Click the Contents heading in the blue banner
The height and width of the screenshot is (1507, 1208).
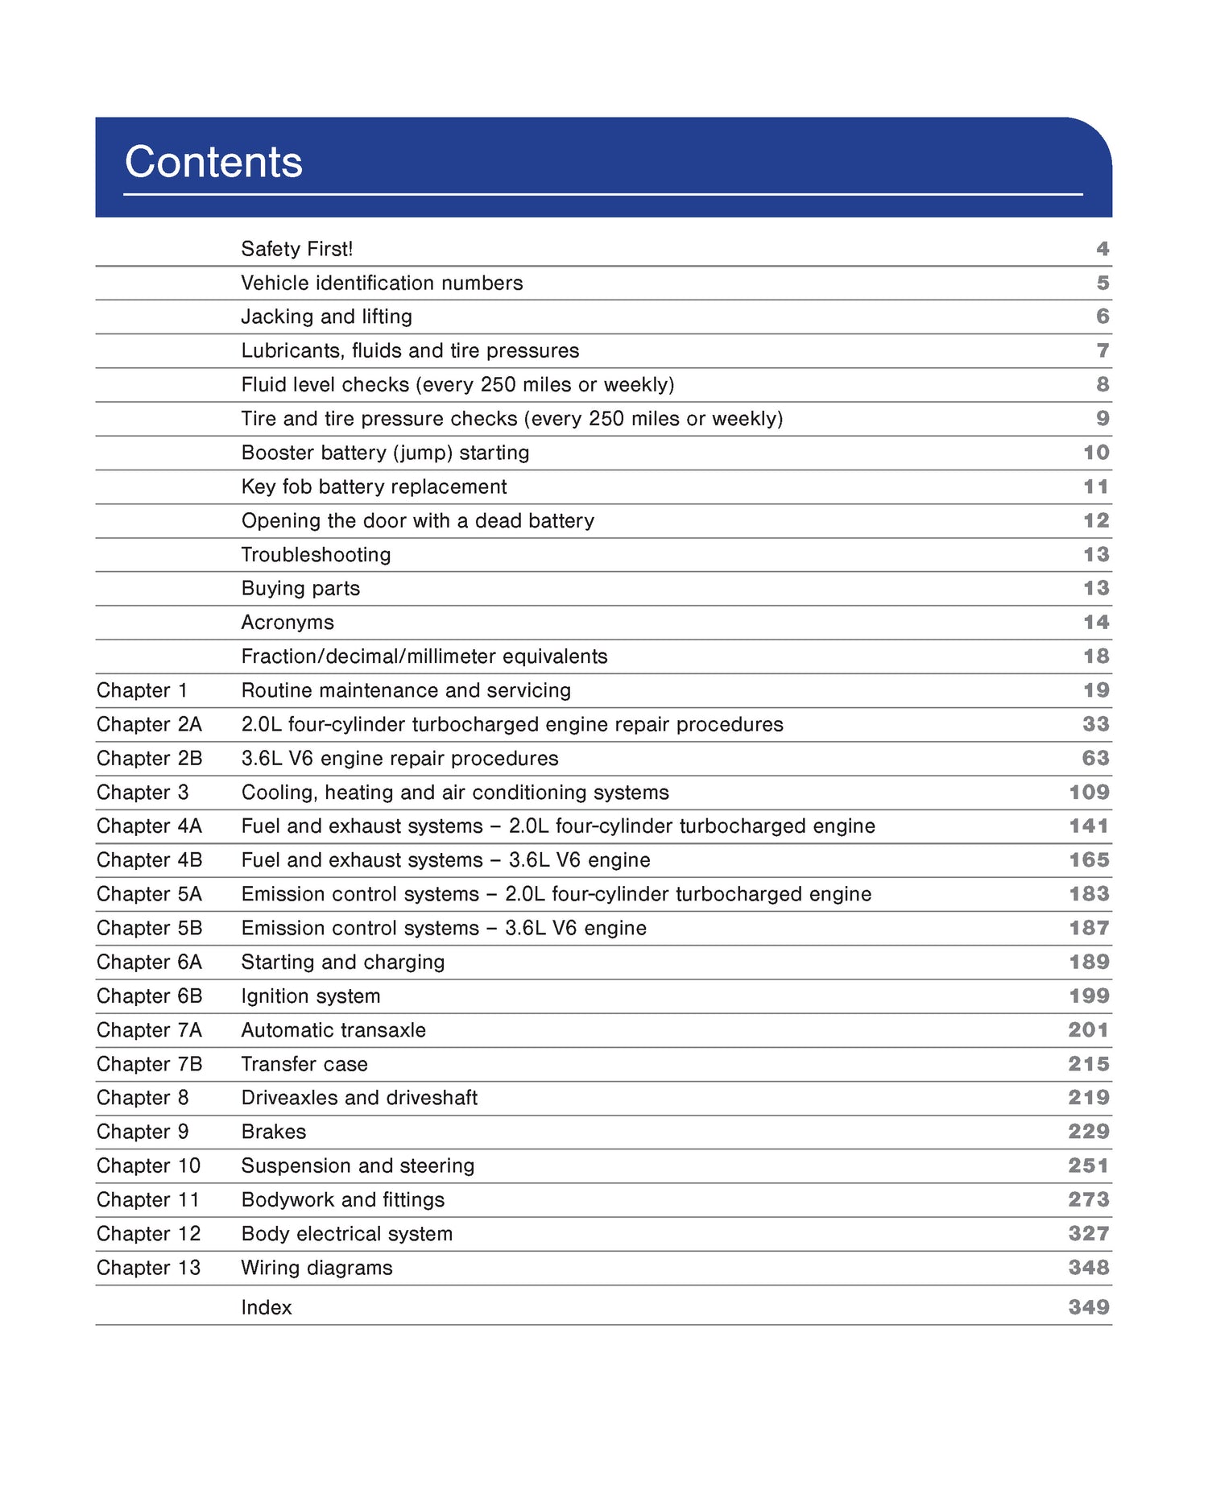[x=213, y=162]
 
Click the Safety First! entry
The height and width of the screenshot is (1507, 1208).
[x=296, y=249]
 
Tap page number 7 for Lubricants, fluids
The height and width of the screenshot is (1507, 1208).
[x=1103, y=350]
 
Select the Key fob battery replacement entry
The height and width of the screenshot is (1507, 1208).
[x=374, y=486]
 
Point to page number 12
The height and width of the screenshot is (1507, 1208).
[x=1095, y=520]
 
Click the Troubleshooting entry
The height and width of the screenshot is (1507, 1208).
[x=316, y=554]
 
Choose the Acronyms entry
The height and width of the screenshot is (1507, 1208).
[x=288, y=622]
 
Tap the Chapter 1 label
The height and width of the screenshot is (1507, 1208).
[x=142, y=690]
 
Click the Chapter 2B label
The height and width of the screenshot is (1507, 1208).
[x=149, y=758]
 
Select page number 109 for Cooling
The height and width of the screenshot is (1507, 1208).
[x=1089, y=792]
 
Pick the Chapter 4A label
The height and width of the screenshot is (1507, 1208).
[x=149, y=826]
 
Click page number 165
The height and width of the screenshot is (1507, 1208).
[x=1089, y=859]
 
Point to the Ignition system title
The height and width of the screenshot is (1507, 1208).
[x=311, y=996]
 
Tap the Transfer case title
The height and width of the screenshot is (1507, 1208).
[x=304, y=1064]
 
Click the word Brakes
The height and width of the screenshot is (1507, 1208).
[x=274, y=1132]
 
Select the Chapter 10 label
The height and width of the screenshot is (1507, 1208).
[x=148, y=1165]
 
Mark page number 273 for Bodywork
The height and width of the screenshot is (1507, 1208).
[x=1089, y=1199]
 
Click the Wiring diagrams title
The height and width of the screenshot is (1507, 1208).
[x=316, y=1268]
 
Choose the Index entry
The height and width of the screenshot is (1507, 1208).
[x=267, y=1307]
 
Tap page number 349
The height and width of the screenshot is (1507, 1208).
[x=1089, y=1307]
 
